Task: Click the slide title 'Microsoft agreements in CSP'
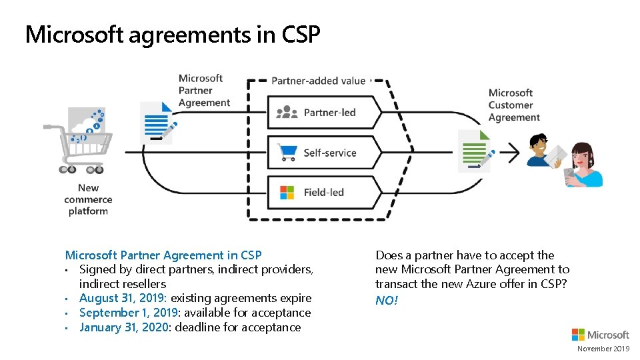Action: pyautogui.click(x=173, y=34)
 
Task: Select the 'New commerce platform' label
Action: pyautogui.click(x=88, y=199)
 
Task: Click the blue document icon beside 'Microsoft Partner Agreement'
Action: pyautogui.click(x=157, y=122)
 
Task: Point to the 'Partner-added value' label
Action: pyautogui.click(x=318, y=81)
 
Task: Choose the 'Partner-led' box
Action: pyautogui.click(x=323, y=112)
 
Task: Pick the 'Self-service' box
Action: pyautogui.click(x=323, y=153)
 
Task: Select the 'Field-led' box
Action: pyautogui.click(x=323, y=192)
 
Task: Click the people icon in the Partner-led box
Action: pyautogui.click(x=287, y=112)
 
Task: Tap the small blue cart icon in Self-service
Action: pyautogui.click(x=287, y=153)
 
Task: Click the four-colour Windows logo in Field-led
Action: pyautogui.click(x=287, y=193)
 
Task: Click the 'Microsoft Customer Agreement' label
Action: pyautogui.click(x=513, y=105)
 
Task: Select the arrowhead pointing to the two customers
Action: pyautogui.click(x=514, y=152)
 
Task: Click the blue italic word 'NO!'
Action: pyautogui.click(x=387, y=300)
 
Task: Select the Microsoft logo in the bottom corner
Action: pyautogui.click(x=600, y=335)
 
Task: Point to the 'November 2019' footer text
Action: pyautogui.click(x=603, y=349)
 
